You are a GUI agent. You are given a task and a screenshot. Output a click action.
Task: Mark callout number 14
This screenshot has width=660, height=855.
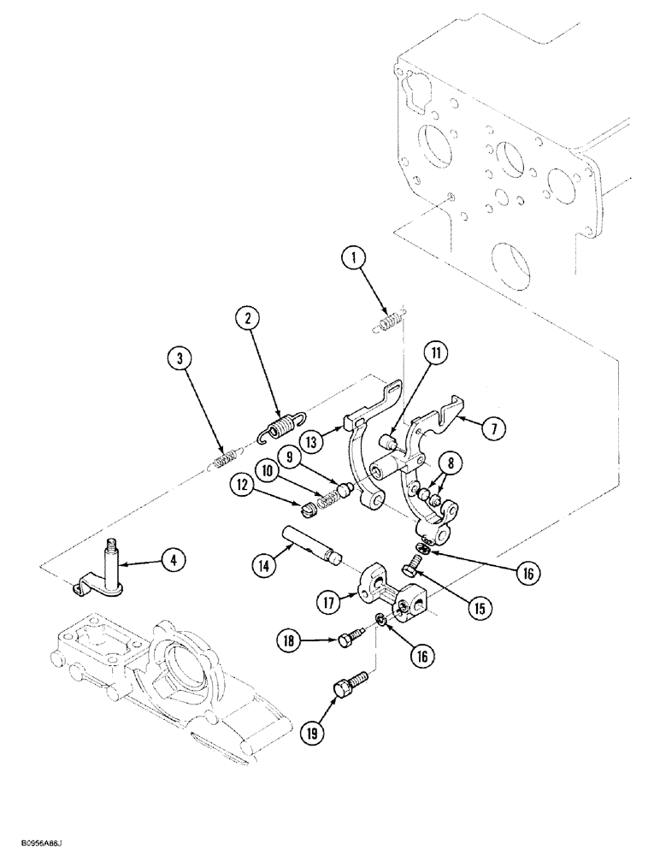(x=264, y=565)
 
